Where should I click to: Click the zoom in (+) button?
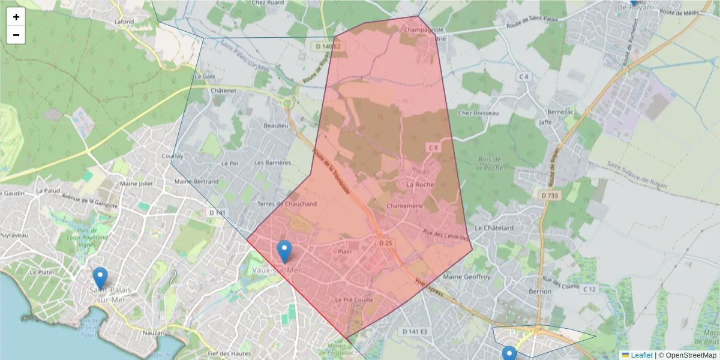pos(16,17)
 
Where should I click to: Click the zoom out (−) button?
pos(16,35)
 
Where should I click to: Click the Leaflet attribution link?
pos(641,355)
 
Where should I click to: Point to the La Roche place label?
pos(420,185)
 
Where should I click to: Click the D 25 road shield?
pos(385,243)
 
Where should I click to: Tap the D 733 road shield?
pos(548,195)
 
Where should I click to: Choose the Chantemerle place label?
pos(406,206)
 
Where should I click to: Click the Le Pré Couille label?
pos(354,299)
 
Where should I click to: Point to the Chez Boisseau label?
pos(478,113)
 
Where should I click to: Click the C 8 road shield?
pos(433,147)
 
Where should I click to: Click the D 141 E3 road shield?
pos(415,332)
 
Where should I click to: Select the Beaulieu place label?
pos(276,125)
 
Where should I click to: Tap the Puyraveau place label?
pos(14,235)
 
